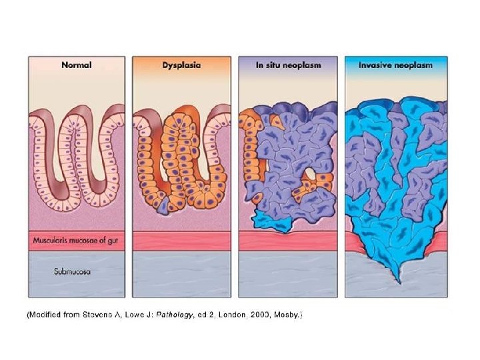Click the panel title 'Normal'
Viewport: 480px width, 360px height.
(x=76, y=65)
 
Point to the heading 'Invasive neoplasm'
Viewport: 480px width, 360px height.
(x=395, y=65)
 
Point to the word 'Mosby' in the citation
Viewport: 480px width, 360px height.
(x=287, y=314)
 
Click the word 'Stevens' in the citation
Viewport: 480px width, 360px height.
(x=102, y=314)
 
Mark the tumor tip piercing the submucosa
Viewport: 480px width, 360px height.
(x=397, y=278)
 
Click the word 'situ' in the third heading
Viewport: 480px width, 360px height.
(x=272, y=65)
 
